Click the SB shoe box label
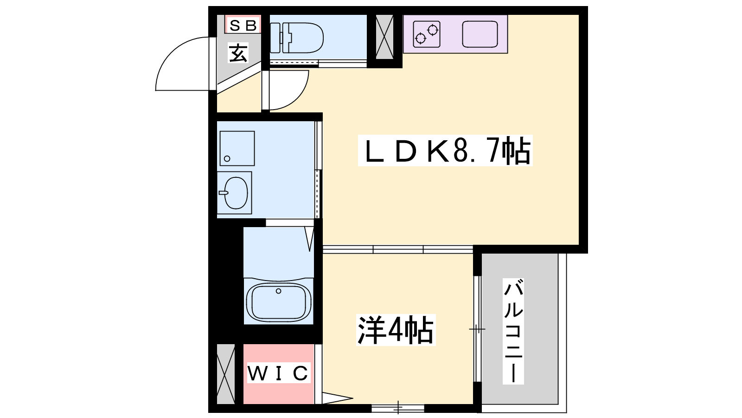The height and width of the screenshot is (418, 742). tap(243, 25)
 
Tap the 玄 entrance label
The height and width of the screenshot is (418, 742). tap(238, 53)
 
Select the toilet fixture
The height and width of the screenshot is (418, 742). tap(297, 38)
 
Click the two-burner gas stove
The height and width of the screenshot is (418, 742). tap(427, 34)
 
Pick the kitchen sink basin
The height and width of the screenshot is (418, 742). tap(480, 34)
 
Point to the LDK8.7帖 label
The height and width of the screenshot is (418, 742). tap(445, 150)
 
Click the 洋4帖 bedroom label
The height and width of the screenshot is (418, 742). tap(396, 330)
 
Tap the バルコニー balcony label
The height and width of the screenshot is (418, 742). tap(513, 331)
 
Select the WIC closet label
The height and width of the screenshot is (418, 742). tap(279, 373)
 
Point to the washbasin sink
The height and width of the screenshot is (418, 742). tap(235, 193)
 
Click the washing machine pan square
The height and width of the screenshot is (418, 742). tap(237, 148)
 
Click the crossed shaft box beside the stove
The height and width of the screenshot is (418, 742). tap(384, 37)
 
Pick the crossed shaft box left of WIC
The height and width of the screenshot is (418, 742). tap(225, 374)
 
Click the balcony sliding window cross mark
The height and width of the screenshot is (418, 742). tap(477, 329)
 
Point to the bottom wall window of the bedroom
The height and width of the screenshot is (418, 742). tap(398, 408)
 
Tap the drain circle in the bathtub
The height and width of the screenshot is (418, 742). tap(279, 291)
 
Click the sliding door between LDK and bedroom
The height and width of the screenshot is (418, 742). tap(398, 249)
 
